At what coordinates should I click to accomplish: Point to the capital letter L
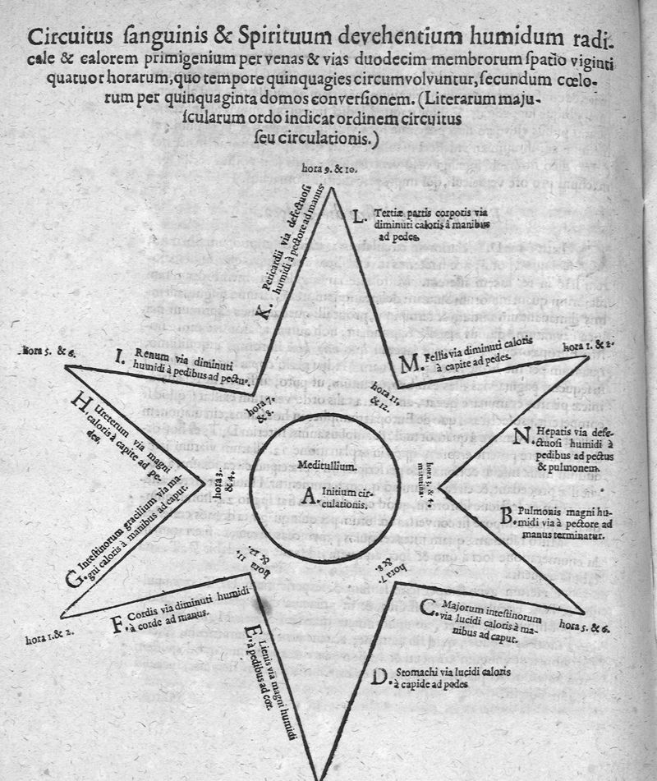coord(358,218)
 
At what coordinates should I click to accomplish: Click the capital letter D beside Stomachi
coord(379,677)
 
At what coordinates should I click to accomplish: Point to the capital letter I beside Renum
coord(119,357)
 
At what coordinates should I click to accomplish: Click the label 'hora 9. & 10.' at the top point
coord(328,169)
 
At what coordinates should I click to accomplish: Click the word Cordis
coord(149,611)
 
